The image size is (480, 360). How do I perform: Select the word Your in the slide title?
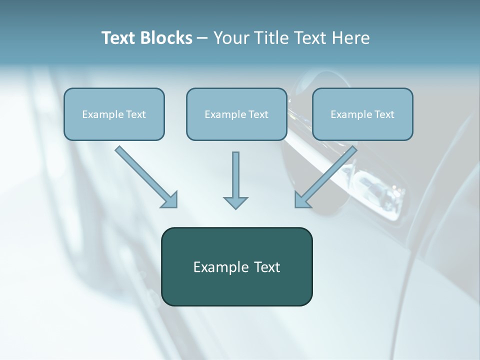pyautogui.click(x=233, y=38)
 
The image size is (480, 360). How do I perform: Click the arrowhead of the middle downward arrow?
pyautogui.click(x=235, y=202)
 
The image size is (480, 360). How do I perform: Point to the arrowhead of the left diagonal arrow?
pyautogui.click(x=170, y=200)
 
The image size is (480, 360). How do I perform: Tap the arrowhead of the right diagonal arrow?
pyautogui.click(x=302, y=200)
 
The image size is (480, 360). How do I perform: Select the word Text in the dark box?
pyautogui.click(x=266, y=267)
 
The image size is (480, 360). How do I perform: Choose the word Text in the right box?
pyautogui.click(x=384, y=114)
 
